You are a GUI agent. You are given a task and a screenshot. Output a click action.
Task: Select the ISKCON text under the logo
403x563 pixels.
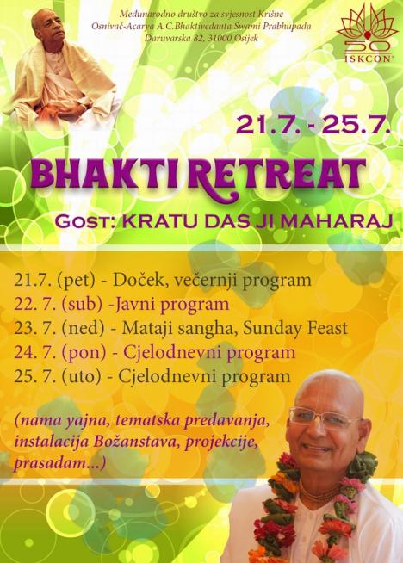coord(368,59)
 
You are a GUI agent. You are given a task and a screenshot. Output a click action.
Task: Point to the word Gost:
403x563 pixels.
coord(85,221)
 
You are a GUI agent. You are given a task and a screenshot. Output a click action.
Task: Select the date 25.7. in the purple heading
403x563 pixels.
coord(356,125)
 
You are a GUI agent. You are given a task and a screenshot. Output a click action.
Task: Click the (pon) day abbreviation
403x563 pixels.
coord(84,353)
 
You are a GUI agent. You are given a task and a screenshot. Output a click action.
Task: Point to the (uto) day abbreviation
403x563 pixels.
coord(81,377)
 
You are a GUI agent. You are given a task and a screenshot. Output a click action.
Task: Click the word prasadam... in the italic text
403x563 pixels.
coord(59,463)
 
